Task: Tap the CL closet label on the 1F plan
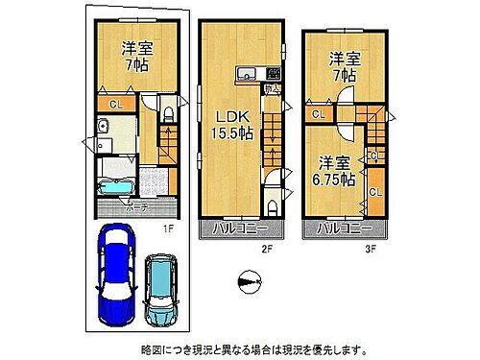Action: (x=114, y=103)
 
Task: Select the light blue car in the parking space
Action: (x=160, y=288)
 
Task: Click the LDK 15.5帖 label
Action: (x=233, y=126)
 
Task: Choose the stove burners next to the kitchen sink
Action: (x=273, y=73)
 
